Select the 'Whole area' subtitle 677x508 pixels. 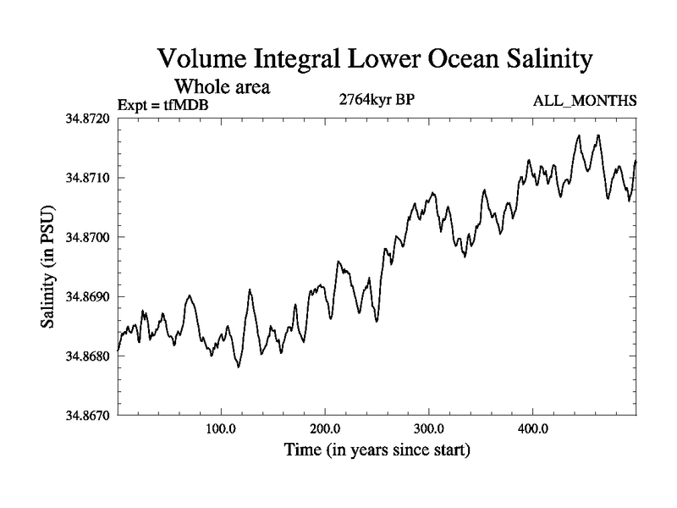coord(223,86)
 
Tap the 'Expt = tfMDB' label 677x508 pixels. coord(163,104)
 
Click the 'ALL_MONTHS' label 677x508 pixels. coord(585,102)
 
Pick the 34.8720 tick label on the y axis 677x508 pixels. coord(88,119)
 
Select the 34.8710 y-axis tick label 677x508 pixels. coord(88,178)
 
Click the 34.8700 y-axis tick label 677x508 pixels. coord(88,237)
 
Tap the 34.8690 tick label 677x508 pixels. coord(88,297)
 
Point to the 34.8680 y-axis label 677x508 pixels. coord(88,356)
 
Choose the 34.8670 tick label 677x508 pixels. coord(88,416)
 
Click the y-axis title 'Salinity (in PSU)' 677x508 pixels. coord(47,268)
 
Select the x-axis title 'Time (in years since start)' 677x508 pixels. coord(377,450)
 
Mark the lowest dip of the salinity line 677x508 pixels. coord(239,367)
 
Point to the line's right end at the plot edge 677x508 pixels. coord(636,161)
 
